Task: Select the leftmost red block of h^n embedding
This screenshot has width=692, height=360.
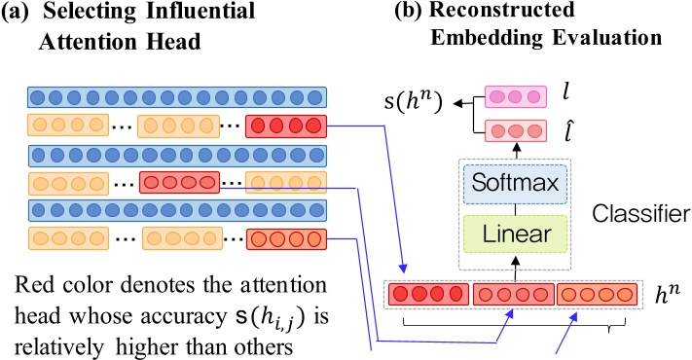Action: [x=429, y=293]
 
